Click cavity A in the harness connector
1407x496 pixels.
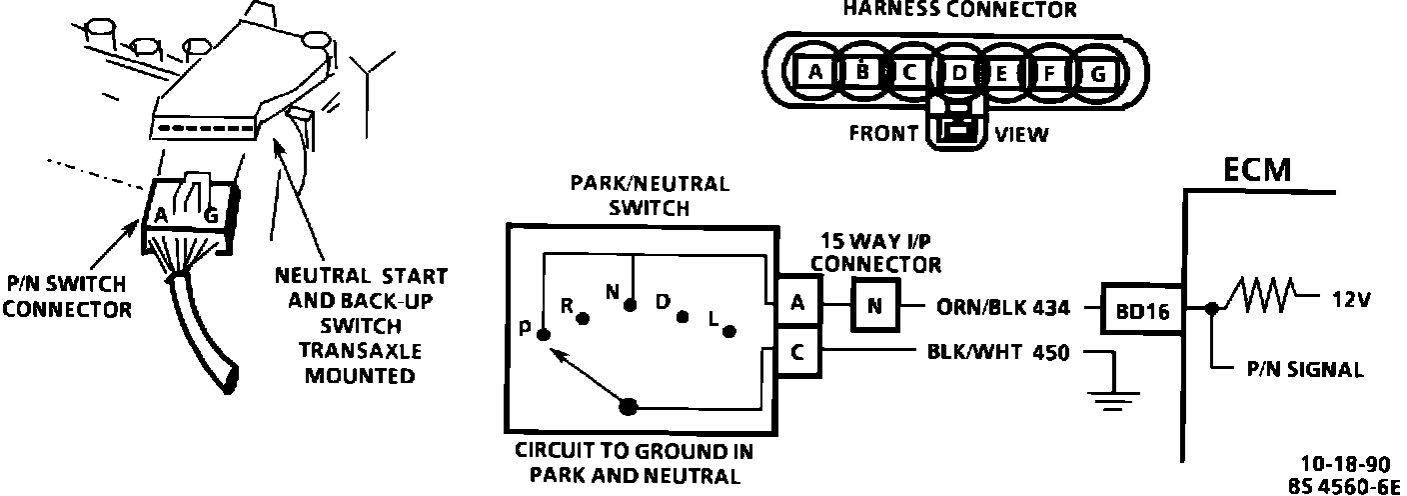tap(815, 72)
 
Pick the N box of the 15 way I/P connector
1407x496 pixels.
tap(874, 306)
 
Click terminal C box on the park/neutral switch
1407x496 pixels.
tap(796, 352)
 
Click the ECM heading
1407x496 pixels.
tap(1257, 171)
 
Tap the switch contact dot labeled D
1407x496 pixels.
tap(683, 317)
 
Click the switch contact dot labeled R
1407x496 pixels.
tap(583, 317)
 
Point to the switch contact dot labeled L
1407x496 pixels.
tap(730, 331)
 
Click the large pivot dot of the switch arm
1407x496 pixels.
tap(630, 406)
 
